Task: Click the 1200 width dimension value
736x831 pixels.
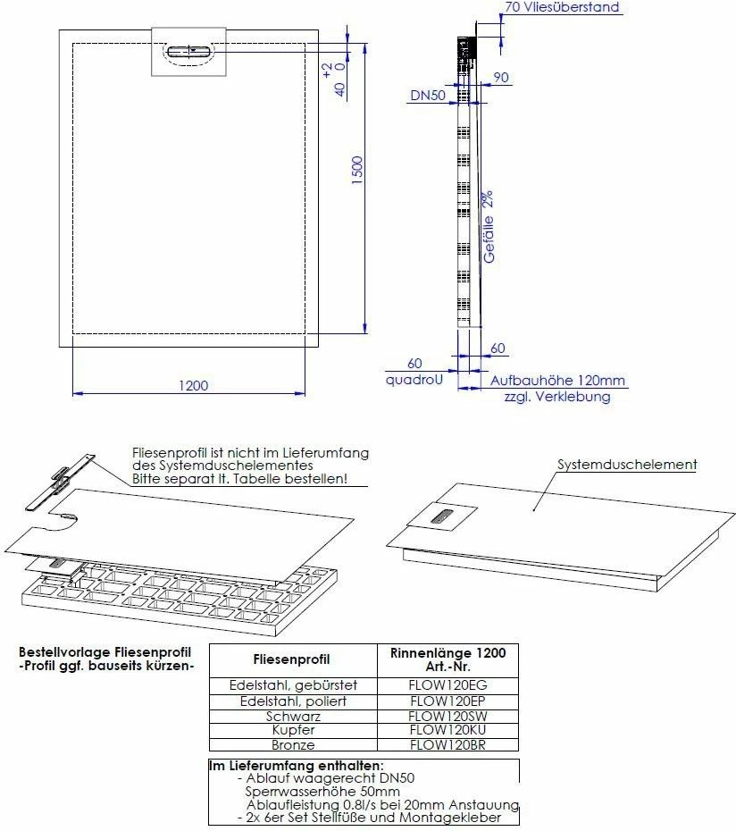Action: [x=193, y=385]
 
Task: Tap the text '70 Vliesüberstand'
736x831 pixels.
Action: [x=561, y=8]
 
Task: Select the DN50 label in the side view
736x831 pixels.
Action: [x=428, y=94]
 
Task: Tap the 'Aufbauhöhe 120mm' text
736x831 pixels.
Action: [x=557, y=380]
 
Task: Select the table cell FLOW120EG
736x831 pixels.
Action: [x=447, y=685]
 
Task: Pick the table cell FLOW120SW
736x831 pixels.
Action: [x=447, y=716]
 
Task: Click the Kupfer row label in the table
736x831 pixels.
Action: [x=293, y=730]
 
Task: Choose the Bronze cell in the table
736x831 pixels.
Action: [x=293, y=744]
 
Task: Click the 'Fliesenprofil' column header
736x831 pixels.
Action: [x=293, y=659]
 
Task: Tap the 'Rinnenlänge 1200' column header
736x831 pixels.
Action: [x=447, y=653]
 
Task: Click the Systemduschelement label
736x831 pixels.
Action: [x=627, y=465]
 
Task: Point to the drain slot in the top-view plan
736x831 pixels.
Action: [x=191, y=51]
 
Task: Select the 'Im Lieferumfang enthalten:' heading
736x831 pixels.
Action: [x=297, y=766]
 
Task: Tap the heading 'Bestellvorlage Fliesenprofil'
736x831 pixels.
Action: [x=105, y=652]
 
